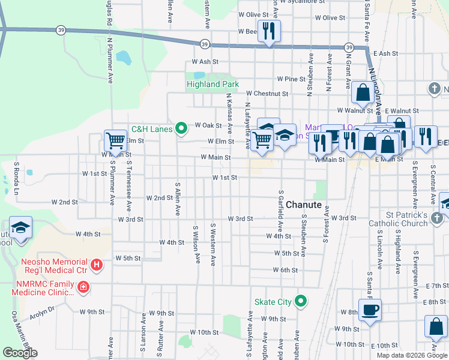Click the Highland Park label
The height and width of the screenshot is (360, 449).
click(x=212, y=85)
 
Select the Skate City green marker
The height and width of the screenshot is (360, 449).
click(x=302, y=301)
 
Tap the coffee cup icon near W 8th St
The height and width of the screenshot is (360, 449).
click(x=370, y=310)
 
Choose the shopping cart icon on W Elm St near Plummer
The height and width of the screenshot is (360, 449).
click(x=115, y=141)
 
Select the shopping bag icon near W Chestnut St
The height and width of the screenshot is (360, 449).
click(x=363, y=93)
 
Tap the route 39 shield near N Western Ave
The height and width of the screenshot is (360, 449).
click(x=205, y=44)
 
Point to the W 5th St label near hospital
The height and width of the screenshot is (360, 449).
click(x=127, y=258)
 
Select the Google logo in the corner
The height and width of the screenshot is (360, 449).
click(x=20, y=353)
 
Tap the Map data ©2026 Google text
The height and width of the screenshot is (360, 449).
click(x=411, y=355)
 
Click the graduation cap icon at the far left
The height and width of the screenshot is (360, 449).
click(x=21, y=228)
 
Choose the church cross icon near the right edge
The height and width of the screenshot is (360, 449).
click(x=435, y=89)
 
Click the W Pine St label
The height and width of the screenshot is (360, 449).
click(x=291, y=79)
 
